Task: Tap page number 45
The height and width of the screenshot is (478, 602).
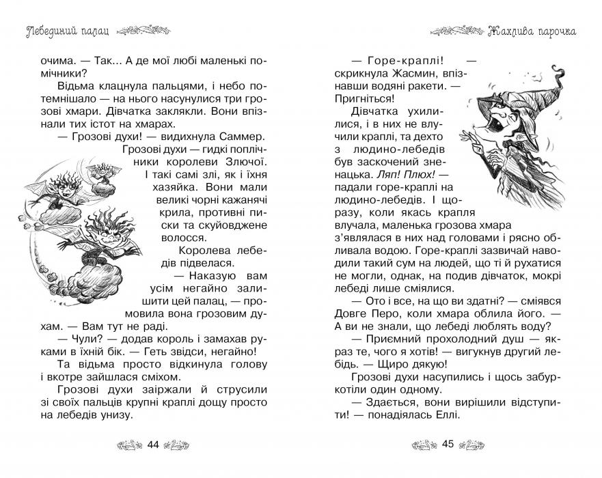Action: (448, 444)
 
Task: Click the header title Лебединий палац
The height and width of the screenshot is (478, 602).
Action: (64, 30)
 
